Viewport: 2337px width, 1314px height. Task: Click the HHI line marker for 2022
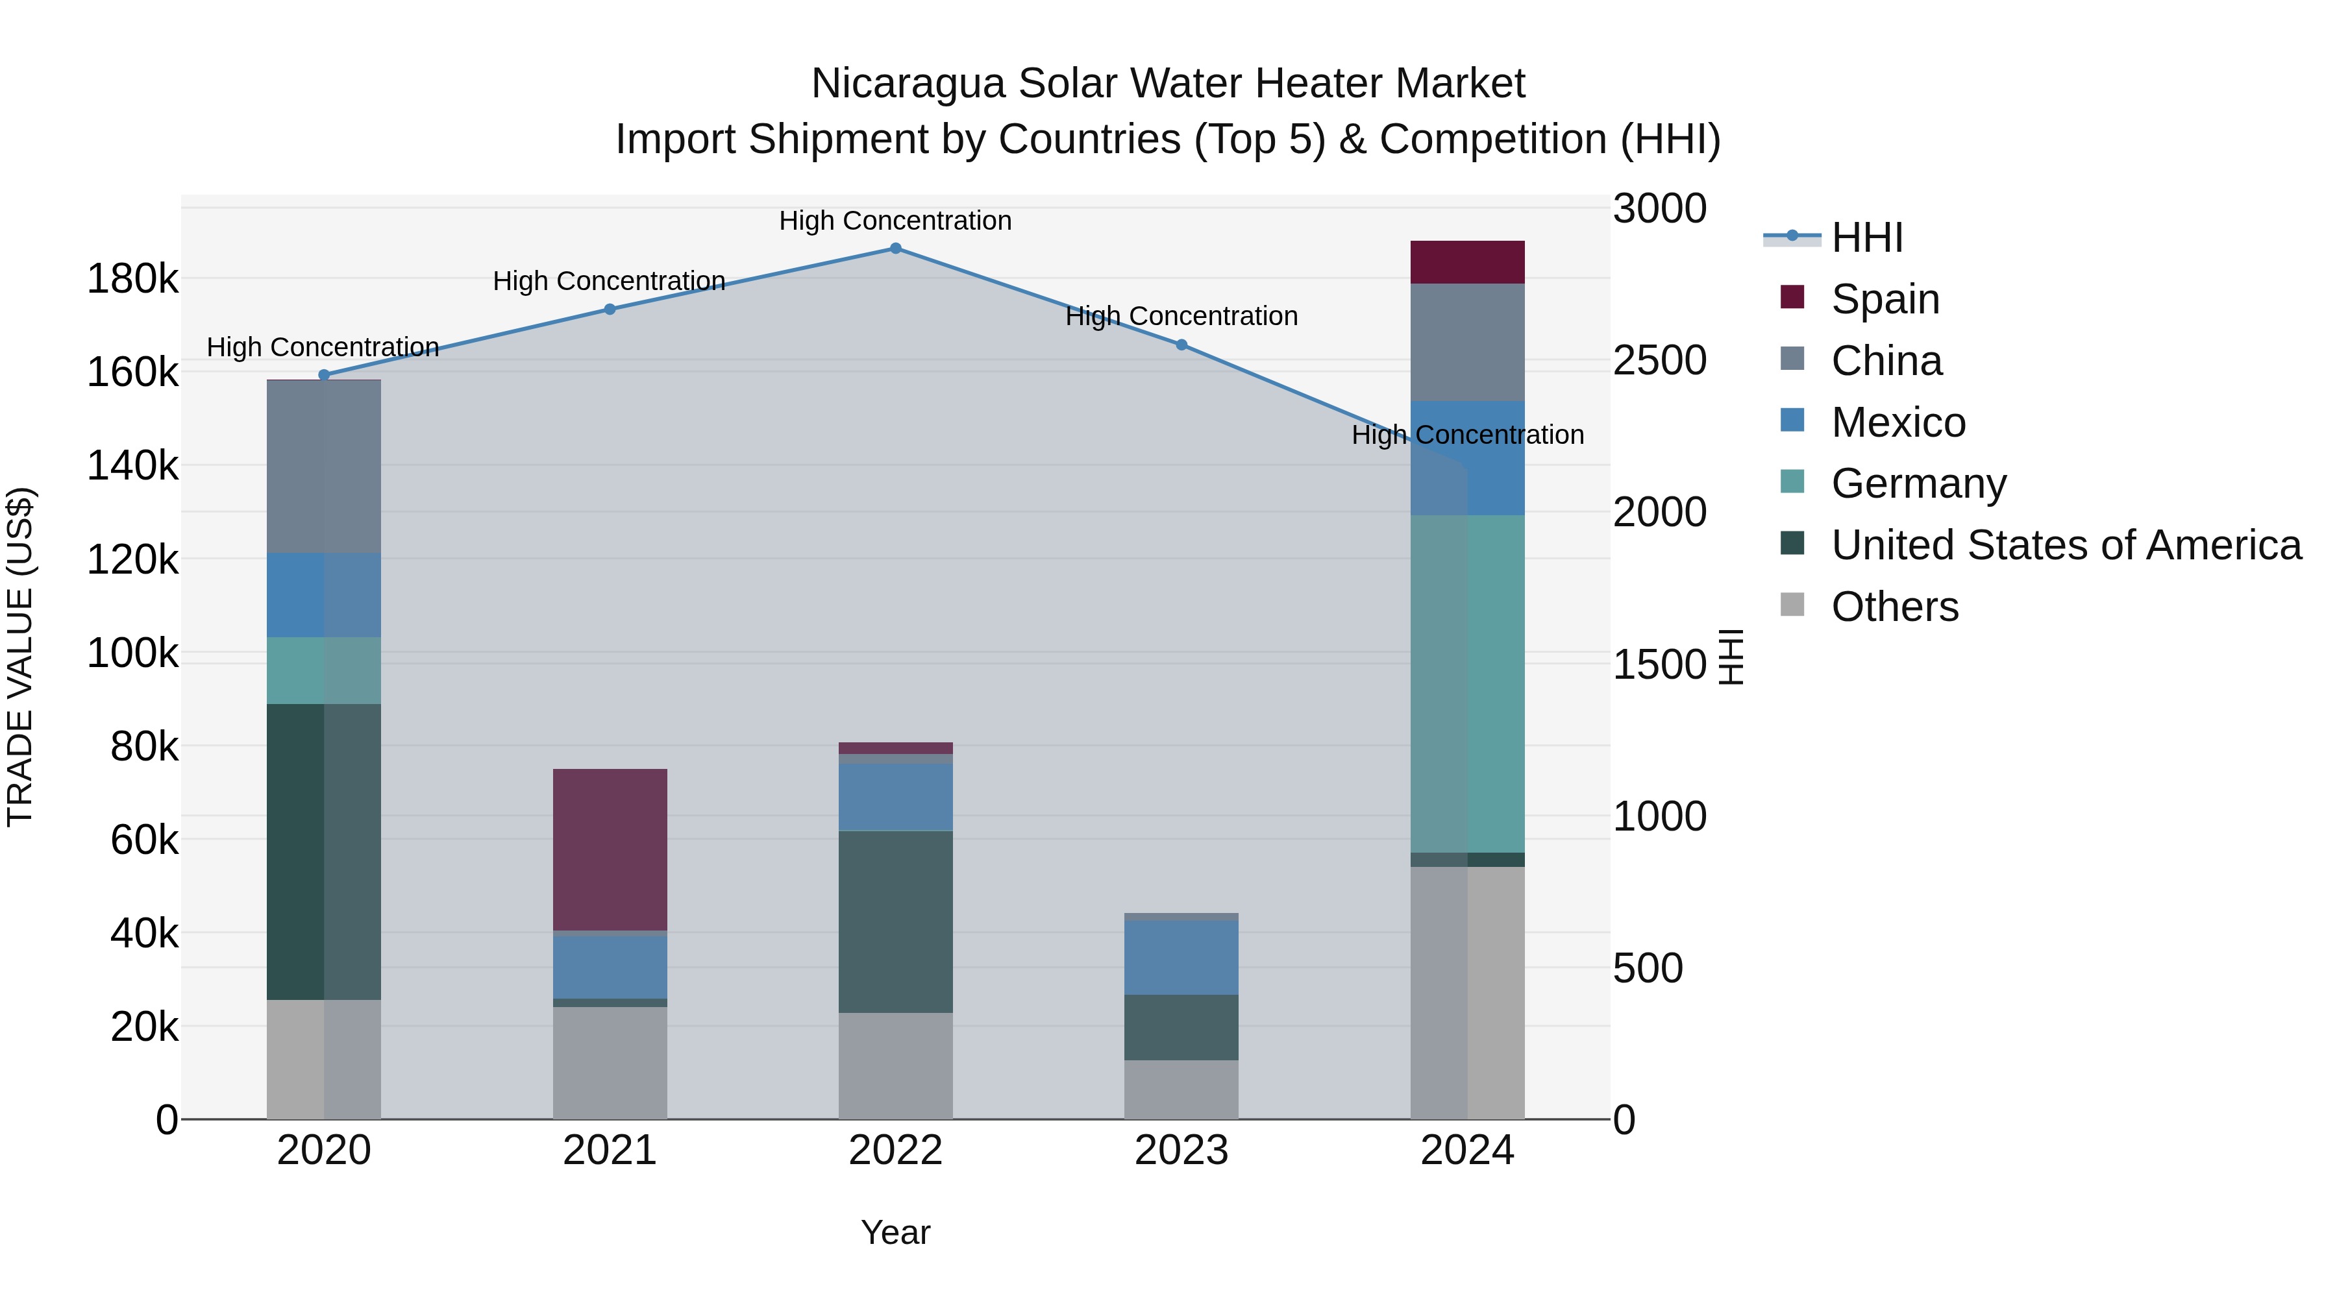[x=895, y=249]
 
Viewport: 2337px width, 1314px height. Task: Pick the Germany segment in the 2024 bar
[x=1467, y=684]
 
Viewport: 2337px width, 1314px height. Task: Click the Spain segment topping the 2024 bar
[x=1467, y=263]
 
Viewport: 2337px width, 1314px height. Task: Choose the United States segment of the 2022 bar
[x=895, y=921]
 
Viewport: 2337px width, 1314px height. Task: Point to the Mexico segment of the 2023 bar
[x=1181, y=958]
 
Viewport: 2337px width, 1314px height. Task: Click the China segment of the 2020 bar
[x=324, y=467]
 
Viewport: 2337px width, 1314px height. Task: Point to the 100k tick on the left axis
[x=132, y=653]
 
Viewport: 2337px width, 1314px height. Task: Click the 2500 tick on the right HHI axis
[x=1659, y=360]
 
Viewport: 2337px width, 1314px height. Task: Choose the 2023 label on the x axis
[x=1181, y=1150]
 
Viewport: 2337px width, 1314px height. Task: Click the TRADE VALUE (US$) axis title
[x=20, y=657]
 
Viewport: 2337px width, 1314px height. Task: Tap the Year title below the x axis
[x=895, y=1232]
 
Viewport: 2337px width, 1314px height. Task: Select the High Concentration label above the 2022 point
[x=895, y=221]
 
